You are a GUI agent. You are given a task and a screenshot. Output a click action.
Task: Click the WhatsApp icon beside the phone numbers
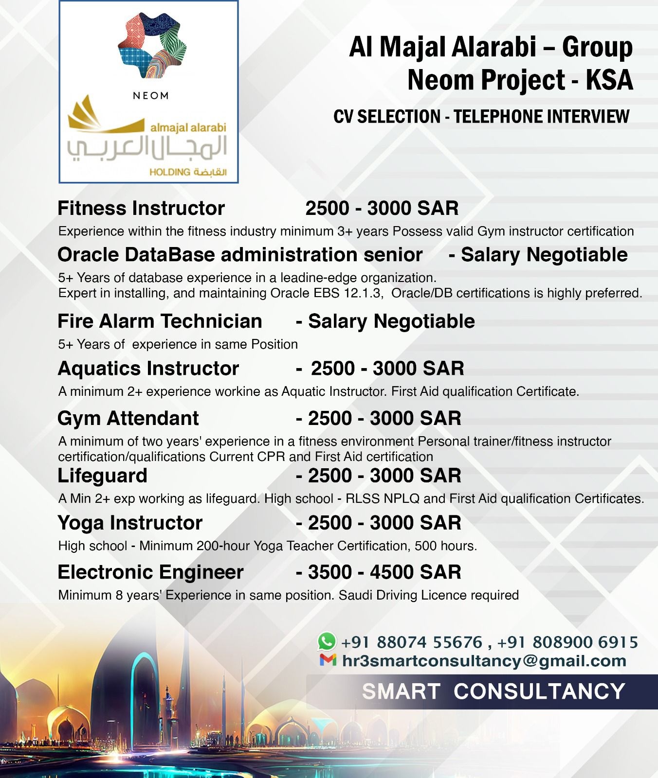tap(327, 641)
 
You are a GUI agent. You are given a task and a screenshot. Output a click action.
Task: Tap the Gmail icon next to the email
tap(328, 660)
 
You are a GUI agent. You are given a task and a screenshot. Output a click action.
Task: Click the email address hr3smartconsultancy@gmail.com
tap(484, 661)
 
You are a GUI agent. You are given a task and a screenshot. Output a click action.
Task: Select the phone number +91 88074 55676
tap(412, 642)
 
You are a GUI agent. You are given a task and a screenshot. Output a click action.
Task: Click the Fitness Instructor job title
tap(141, 208)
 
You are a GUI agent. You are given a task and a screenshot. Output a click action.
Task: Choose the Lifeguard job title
tap(103, 476)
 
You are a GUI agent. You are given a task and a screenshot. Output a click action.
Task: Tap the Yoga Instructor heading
tap(130, 523)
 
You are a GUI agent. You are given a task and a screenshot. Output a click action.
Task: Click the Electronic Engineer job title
tap(150, 572)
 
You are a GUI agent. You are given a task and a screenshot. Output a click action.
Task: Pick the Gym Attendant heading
tap(128, 418)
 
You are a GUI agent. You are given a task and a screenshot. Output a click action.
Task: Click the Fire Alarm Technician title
tap(160, 321)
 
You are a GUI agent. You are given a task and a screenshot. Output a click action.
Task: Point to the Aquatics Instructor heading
tap(148, 369)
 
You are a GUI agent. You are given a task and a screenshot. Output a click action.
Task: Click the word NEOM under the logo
tap(151, 96)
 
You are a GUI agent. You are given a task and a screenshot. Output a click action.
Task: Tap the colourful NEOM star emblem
tap(152, 46)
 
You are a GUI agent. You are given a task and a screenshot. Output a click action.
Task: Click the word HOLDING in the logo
tap(170, 172)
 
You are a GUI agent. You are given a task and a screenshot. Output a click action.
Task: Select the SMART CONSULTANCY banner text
tap(493, 691)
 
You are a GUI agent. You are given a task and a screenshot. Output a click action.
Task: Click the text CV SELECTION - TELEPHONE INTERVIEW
tap(481, 117)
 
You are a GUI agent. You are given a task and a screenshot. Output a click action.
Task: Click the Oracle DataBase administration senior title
tap(240, 255)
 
